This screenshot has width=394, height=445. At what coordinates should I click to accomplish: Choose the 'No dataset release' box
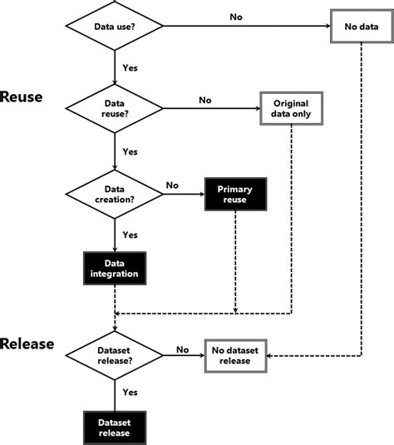pos(238,355)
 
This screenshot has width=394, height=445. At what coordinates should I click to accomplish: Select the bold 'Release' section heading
pos(27,344)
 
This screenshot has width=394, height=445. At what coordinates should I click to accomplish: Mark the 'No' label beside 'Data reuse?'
pos(204,99)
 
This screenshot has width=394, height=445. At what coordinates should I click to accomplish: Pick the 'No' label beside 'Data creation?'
pos(173,185)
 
